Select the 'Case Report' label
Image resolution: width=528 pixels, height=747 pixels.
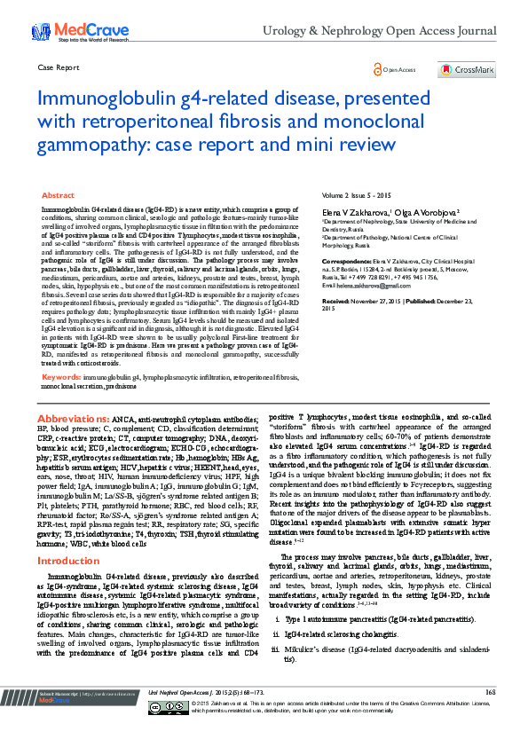[x=56, y=67]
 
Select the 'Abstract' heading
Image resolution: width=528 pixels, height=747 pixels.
[x=58, y=194]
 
